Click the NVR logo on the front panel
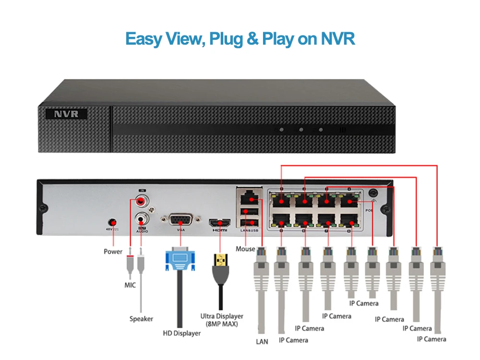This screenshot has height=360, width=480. pyautogui.click(x=66, y=114)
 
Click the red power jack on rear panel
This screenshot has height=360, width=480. pyautogui.click(x=113, y=222)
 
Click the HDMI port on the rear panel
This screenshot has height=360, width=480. pyautogui.click(x=219, y=222)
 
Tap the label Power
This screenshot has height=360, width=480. pyautogui.click(x=113, y=252)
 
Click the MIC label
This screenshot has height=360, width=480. pyautogui.click(x=130, y=285)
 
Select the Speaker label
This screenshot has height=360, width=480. pyautogui.click(x=141, y=319)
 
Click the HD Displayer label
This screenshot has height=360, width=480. pyautogui.click(x=182, y=333)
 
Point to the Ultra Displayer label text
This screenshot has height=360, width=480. pyautogui.click(x=222, y=316)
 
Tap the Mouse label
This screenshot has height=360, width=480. pyautogui.click(x=245, y=249)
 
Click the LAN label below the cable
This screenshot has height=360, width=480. pyautogui.click(x=262, y=342)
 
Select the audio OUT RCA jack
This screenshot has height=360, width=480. pyautogui.click(x=142, y=218)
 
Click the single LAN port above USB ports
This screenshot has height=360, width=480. pyautogui.click(x=248, y=197)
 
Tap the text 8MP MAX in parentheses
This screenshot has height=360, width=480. pyautogui.click(x=222, y=324)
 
